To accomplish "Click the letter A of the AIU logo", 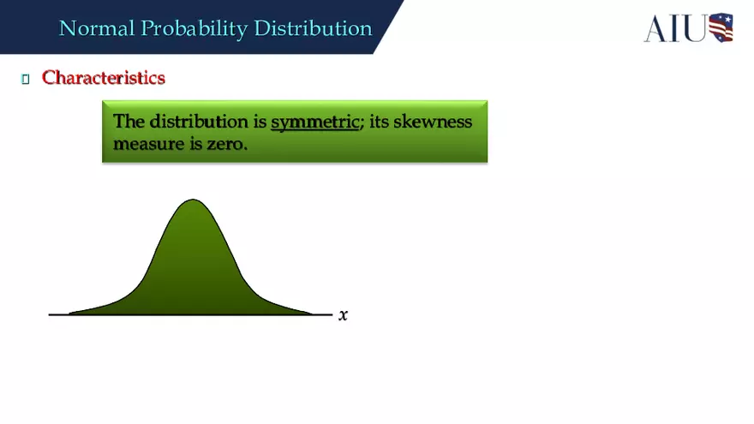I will pos(656,28).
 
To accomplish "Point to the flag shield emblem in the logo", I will pos(721,27).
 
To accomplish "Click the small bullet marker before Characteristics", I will pos(25,79).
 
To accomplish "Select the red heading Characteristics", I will pos(104,77).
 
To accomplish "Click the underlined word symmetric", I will pos(314,122).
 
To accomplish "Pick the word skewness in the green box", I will pos(433,122).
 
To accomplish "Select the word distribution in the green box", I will pos(198,122).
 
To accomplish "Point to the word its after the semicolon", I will pos(379,122).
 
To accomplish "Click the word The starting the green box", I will pos(129,122).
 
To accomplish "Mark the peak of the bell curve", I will pos(193,201).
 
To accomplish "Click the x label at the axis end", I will pos(344,315).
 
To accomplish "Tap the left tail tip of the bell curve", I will pos(70,313).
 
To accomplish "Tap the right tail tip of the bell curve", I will pos(313,313).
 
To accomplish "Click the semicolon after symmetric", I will pos(362,122).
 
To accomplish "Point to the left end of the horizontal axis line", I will pos(50,314).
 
